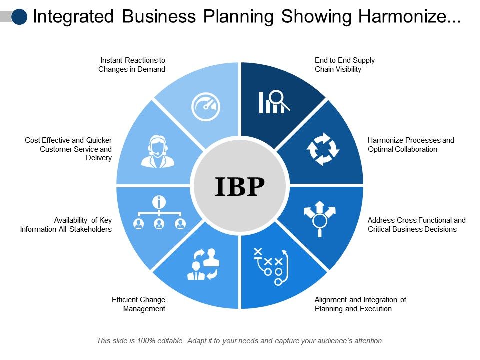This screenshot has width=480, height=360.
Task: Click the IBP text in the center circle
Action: coord(240,186)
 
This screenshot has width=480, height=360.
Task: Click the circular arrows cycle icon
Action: coord(322,149)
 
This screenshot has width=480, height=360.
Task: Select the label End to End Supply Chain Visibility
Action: coord(344,65)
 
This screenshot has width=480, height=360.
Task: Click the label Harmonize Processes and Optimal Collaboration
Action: coord(411,145)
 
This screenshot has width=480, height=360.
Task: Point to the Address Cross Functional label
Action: coord(416,225)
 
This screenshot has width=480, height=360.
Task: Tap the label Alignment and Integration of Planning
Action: coord(360,304)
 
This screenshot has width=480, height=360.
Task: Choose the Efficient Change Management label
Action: coord(138,304)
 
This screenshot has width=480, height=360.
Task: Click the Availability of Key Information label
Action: coord(66,225)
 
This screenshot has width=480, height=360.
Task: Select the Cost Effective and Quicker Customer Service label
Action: coord(68,149)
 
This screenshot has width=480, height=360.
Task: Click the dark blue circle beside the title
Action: coord(19,16)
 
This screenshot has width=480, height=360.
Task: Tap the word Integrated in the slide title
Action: coord(73,16)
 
